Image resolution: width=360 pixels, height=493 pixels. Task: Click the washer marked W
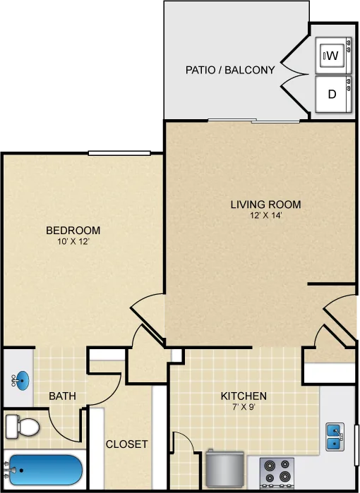pos(333,55)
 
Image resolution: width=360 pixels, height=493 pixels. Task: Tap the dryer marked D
pos(333,94)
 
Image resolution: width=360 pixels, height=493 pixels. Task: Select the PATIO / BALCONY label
pos(230,70)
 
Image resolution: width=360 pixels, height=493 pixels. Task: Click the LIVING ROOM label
pos(265,205)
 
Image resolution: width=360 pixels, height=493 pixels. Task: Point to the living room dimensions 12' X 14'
pos(266,216)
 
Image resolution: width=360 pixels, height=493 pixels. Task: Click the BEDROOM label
pos(73,230)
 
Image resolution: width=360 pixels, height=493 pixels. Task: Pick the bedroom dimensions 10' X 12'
pos(73,241)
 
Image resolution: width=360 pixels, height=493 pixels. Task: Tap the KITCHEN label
pos(244,396)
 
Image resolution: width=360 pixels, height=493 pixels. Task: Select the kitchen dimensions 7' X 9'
pos(244,407)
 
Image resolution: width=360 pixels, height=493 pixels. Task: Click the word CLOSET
pos(126,444)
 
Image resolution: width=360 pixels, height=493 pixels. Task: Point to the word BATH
pos(62,396)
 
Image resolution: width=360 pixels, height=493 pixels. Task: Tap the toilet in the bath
pos(23,427)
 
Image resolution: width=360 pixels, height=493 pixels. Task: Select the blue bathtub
pos(44,470)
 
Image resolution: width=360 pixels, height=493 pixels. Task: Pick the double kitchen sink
pos(335,437)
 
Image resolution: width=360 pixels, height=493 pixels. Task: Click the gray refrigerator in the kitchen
pos(225,468)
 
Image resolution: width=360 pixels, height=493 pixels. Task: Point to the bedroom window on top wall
pos(119,153)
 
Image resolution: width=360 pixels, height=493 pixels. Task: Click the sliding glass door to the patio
pos(253,121)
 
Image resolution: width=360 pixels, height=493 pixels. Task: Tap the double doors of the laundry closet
pos(294,74)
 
